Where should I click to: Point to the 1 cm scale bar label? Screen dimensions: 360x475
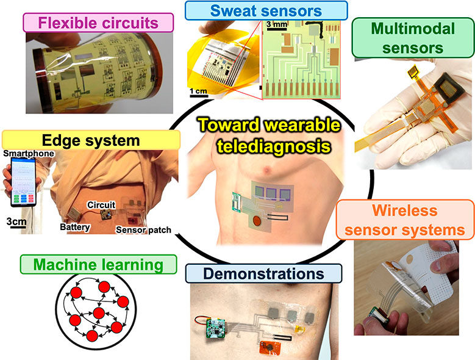coord(198,91)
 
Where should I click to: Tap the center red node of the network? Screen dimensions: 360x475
coord(97,313)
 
